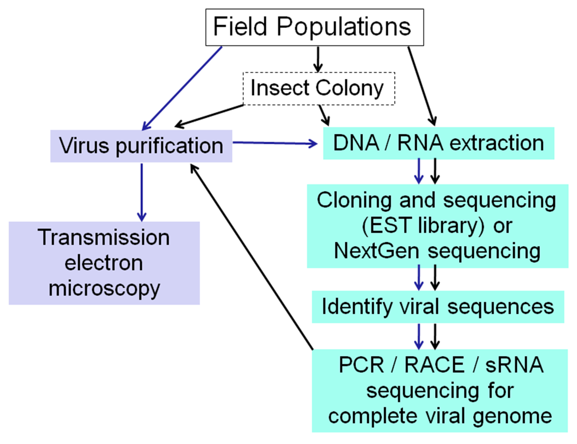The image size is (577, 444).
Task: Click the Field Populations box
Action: click(314, 27)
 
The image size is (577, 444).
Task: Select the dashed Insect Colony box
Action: click(319, 88)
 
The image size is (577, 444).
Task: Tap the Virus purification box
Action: click(141, 146)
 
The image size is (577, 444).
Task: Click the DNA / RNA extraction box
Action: click(438, 143)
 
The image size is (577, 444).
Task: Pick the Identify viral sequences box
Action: click(438, 307)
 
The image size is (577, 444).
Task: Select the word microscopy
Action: click(104, 289)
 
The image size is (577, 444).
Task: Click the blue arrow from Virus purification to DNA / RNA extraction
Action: click(275, 143)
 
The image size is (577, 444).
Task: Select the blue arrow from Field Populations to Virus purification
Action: click(182, 88)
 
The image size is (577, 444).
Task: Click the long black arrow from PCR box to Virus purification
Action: click(251, 256)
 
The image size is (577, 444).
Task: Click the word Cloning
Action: click(354, 200)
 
